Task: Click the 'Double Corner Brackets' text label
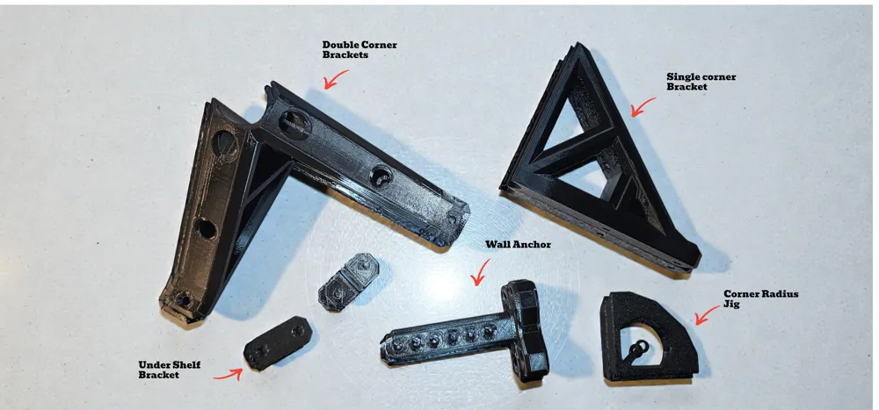(x=360, y=49)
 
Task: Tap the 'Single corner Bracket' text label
(x=701, y=82)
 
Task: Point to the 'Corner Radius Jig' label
(x=760, y=299)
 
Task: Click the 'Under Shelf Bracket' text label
(x=169, y=370)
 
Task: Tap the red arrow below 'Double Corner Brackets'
(x=335, y=79)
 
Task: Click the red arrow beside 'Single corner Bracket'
(x=643, y=106)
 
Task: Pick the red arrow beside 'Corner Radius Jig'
(x=707, y=315)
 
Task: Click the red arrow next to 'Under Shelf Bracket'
(x=229, y=374)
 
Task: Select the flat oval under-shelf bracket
(x=278, y=342)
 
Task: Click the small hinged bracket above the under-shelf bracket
(x=348, y=282)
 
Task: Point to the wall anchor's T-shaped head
(x=526, y=330)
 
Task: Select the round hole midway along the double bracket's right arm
(x=381, y=176)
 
